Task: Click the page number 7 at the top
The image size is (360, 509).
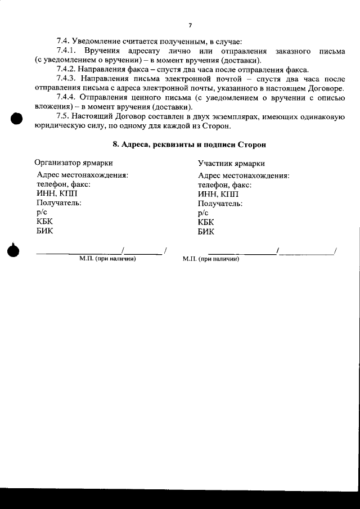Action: [x=190, y=25]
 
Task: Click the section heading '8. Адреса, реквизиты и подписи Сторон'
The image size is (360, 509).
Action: [x=189, y=144]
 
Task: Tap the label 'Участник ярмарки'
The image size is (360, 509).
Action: [x=231, y=163]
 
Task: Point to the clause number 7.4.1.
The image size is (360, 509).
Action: [x=67, y=51]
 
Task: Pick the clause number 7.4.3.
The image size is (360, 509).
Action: [x=67, y=79]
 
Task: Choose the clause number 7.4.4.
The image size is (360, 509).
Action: [x=67, y=98]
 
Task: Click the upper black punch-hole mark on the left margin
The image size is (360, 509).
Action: [x=16, y=119]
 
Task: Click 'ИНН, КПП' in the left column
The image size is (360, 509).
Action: [x=52, y=193]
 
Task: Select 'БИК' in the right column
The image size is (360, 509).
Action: [x=206, y=231]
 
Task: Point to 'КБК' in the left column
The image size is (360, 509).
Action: [x=44, y=221]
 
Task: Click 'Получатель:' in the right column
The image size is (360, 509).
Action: [x=220, y=203]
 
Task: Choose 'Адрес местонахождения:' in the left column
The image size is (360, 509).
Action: [x=82, y=175]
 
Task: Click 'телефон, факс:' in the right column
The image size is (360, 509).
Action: [x=224, y=184]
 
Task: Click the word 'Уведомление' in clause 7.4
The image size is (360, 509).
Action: [x=98, y=42]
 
